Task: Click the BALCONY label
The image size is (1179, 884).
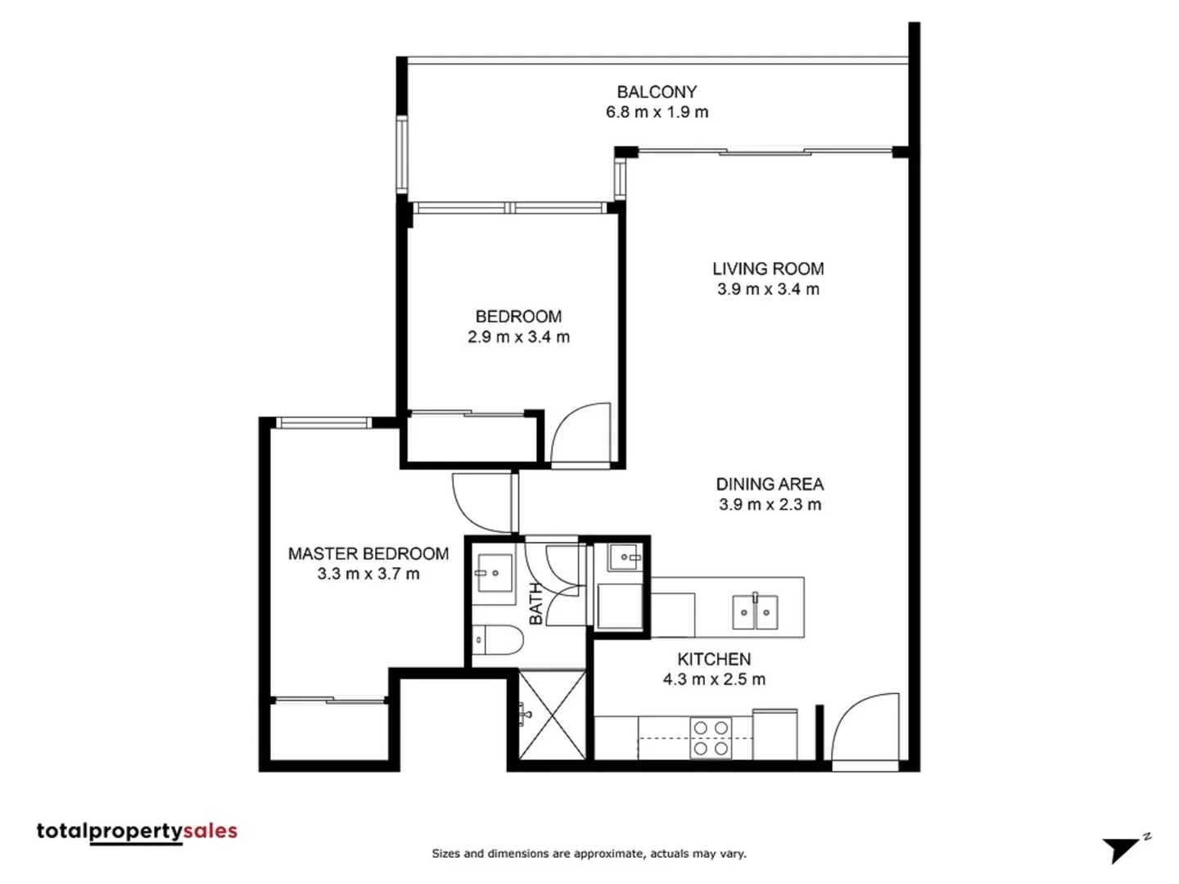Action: (657, 92)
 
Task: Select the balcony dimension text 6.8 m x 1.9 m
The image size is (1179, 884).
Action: (657, 112)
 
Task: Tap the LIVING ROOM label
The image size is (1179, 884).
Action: (767, 268)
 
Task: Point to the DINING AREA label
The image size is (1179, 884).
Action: (770, 484)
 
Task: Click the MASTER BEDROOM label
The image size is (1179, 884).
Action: (368, 553)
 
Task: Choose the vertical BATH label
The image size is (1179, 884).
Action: (536, 603)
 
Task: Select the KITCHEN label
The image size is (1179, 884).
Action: (714, 659)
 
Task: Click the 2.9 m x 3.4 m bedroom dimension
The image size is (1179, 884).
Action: (518, 336)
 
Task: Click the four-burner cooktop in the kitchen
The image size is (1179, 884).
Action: (711, 737)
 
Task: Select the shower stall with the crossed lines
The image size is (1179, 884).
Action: (553, 715)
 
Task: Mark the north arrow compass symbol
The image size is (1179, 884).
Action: (1124, 848)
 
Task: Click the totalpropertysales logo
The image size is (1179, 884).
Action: (137, 832)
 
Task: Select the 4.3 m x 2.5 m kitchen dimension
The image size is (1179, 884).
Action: (714, 679)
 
